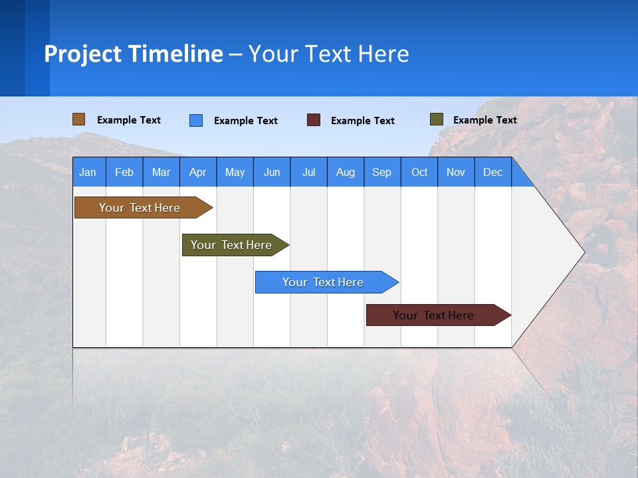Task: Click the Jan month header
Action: coord(88,173)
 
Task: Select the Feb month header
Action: coord(124,173)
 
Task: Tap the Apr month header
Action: coord(198,173)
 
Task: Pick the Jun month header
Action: coord(272,173)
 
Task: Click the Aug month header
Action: coord(346,173)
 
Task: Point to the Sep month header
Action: coord(382,173)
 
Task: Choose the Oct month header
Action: coord(419,173)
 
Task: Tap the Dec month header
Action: coord(493,173)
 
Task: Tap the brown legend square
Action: coord(79,119)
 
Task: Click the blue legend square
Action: coord(196,120)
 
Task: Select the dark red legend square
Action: coord(314,120)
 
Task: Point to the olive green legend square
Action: coord(437,119)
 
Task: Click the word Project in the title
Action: coord(82,54)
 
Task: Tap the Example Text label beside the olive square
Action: coord(484,120)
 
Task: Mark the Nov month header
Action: coord(456,173)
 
